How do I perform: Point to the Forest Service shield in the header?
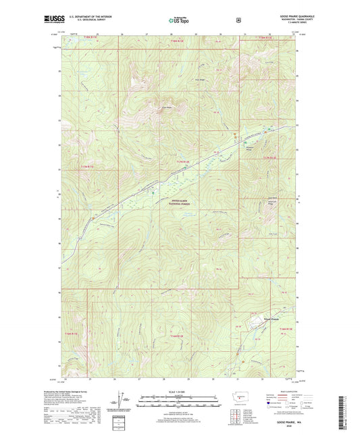(238, 20)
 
